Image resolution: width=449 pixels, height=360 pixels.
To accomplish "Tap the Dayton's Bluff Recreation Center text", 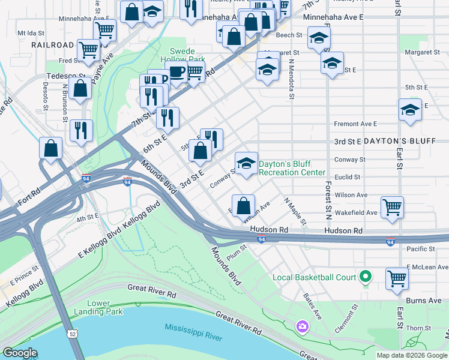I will click(292, 168).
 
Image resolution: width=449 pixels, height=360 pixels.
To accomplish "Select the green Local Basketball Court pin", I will click(364, 277).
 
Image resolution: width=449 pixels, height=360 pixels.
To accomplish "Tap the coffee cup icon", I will click(176, 73).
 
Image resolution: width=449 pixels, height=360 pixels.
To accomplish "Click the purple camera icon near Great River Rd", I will click(302, 326).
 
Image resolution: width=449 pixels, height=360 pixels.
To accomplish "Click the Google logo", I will click(20, 353).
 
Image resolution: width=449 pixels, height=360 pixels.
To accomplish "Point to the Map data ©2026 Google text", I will click(411, 355).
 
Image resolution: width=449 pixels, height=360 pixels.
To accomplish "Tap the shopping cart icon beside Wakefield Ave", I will click(392, 208).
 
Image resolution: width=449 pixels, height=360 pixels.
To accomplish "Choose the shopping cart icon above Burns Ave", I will click(397, 278).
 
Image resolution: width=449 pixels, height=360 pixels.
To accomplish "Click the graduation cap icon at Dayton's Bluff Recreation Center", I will click(246, 163).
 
